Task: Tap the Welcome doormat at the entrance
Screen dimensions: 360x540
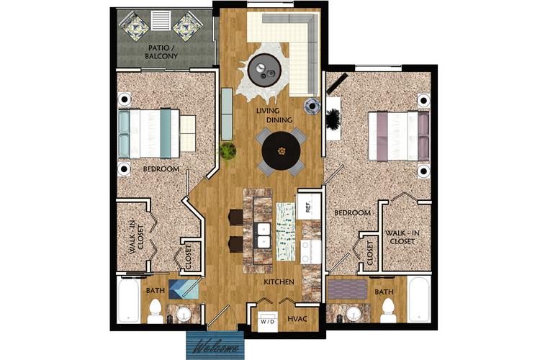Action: coord(214,344)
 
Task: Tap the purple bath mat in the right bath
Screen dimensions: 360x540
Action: coord(348,289)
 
